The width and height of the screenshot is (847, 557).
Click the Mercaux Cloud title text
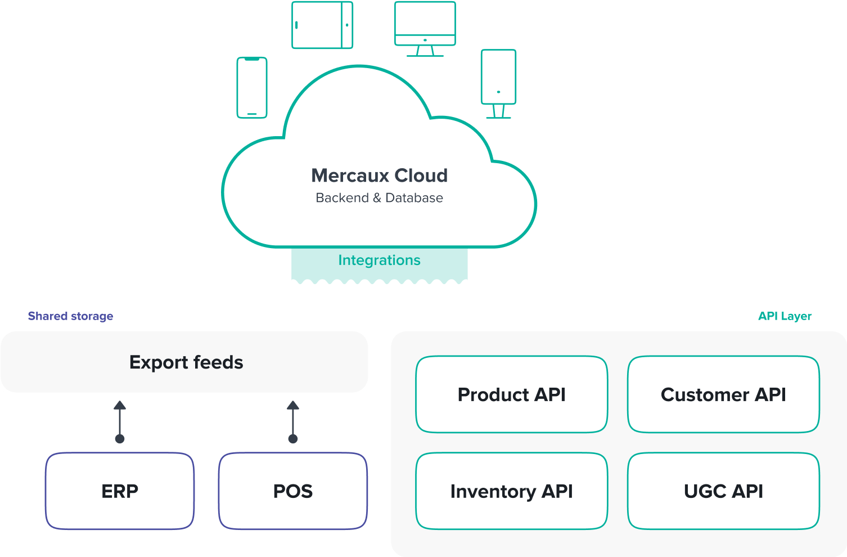[380, 176]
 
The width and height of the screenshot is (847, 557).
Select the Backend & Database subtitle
[380, 198]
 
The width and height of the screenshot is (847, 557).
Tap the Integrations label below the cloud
[380, 260]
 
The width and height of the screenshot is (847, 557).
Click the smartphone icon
[252, 87]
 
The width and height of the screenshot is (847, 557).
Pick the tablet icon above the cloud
[322, 25]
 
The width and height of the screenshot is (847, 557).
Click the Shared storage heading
[70, 316]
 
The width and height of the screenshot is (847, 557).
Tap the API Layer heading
[785, 316]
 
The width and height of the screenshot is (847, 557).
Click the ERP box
[120, 491]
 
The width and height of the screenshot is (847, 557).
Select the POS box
[293, 491]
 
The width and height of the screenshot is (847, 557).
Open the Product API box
[512, 394]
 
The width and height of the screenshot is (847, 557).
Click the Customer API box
[723, 394]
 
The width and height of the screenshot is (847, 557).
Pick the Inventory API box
[512, 491]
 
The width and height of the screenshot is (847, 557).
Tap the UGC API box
[723, 491]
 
